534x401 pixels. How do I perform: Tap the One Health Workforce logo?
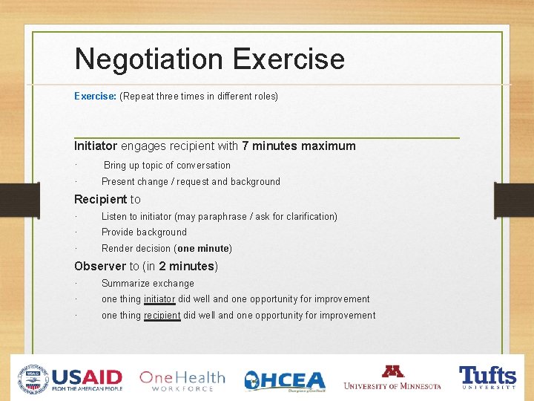pyautogui.click(x=182, y=379)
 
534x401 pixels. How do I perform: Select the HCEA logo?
pyautogui.click(x=285, y=379)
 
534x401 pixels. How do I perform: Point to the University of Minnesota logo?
pyautogui.click(x=392, y=377)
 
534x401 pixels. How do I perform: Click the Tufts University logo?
pyautogui.click(x=487, y=376)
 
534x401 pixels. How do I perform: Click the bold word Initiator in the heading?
pyautogui.click(x=96, y=146)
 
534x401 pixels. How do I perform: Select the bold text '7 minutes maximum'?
pyautogui.click(x=299, y=146)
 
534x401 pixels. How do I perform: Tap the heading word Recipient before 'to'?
pyautogui.click(x=101, y=199)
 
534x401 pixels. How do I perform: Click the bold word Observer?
pyautogui.click(x=100, y=266)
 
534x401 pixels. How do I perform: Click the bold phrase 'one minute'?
pyautogui.click(x=203, y=248)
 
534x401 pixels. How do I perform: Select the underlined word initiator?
pyautogui.click(x=159, y=299)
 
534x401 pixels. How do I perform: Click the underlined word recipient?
pyautogui.click(x=162, y=316)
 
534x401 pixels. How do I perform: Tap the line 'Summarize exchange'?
pyautogui.click(x=148, y=284)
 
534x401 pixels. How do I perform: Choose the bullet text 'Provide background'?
pyautogui.click(x=144, y=232)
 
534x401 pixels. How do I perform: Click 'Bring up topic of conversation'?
pyautogui.click(x=167, y=166)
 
